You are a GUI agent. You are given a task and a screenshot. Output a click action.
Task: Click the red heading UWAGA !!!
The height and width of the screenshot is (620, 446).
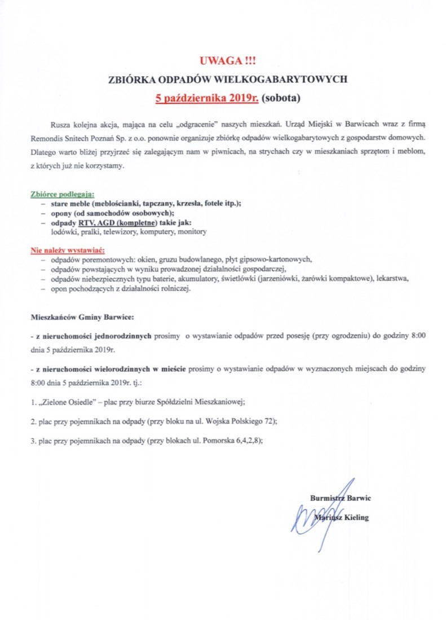coord(223,61)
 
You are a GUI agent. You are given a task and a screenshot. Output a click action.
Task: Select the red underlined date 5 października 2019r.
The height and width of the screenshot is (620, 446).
coord(207,97)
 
